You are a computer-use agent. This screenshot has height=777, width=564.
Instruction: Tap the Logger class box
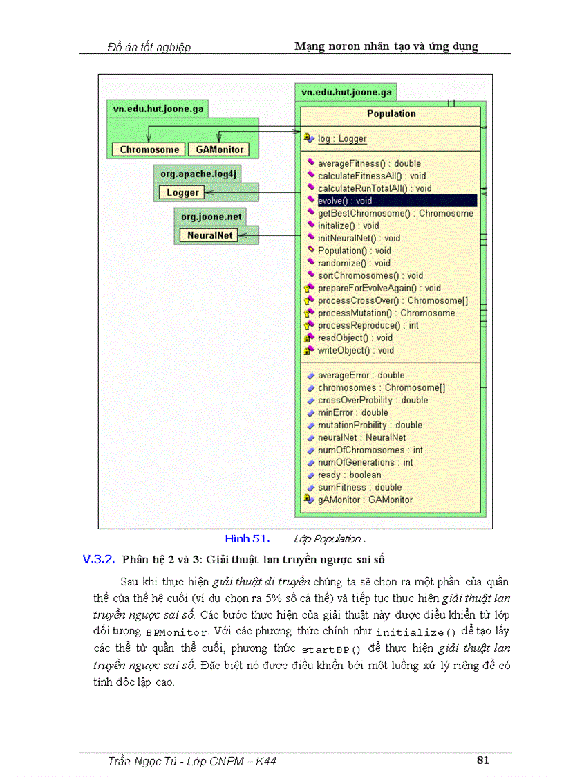[182, 193]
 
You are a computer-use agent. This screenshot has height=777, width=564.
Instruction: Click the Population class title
[391, 113]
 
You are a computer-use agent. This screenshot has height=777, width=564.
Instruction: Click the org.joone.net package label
[211, 217]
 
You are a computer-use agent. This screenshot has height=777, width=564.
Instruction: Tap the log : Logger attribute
[341, 138]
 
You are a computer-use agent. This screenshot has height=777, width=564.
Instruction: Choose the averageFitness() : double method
[369, 163]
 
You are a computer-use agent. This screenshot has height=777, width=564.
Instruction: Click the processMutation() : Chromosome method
[386, 313]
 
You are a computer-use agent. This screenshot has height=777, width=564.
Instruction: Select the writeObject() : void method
[355, 350]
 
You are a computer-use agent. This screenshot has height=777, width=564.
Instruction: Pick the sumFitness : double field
[359, 487]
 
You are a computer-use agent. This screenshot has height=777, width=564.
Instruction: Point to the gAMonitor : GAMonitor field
[365, 500]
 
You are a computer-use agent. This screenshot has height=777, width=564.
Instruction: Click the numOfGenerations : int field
[365, 462]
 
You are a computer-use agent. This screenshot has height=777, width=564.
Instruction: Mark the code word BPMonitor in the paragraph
[176, 632]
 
